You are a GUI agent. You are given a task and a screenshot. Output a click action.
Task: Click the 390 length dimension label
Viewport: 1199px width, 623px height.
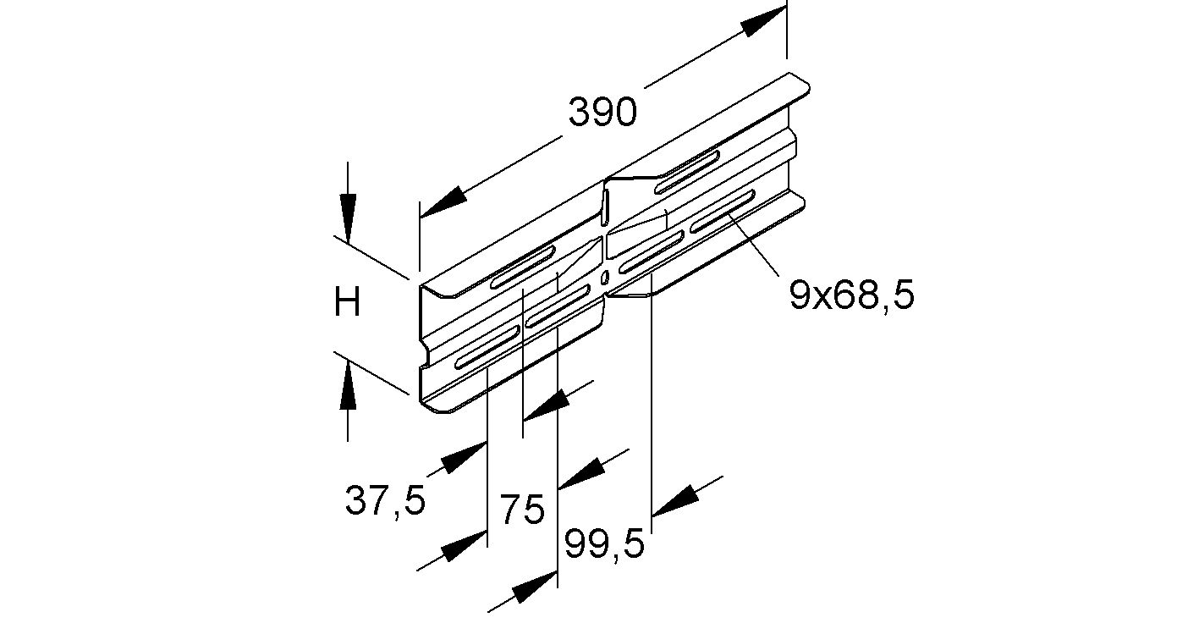602,112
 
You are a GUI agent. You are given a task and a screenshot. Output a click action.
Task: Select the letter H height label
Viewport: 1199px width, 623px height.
347,302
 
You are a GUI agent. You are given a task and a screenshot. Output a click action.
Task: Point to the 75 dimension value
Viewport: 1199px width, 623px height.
522,511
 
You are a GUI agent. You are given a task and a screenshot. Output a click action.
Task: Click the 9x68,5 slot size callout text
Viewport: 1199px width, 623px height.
852,296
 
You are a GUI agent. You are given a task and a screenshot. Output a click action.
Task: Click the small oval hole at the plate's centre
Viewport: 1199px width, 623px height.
604,276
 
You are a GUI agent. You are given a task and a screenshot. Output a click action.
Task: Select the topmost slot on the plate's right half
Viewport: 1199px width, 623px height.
687,169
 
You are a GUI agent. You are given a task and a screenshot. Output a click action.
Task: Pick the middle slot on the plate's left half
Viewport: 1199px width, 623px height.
558,306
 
